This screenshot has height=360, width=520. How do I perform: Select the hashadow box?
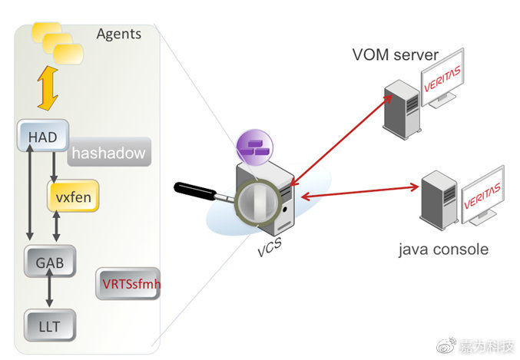pos(108,153)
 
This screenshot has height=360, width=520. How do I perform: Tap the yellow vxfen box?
pos(74,197)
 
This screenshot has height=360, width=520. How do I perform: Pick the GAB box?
pos(49,263)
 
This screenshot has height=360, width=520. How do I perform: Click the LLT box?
pos(49,325)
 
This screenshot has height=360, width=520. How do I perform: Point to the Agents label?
pos(119,34)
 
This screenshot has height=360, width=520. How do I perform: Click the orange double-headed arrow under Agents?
pos(48,89)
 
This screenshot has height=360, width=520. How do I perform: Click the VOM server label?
pos(395,54)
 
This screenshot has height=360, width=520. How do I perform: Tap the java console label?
pos(443,249)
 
